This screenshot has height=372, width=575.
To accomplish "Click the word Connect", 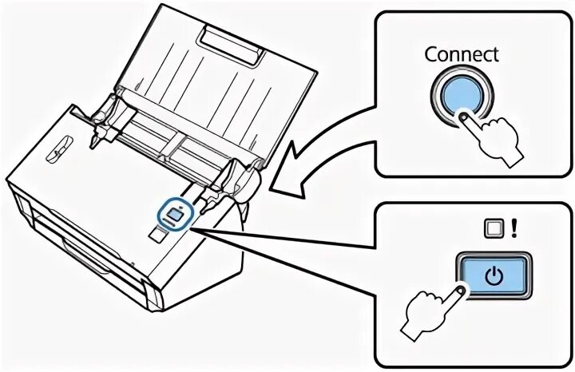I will click(x=461, y=54).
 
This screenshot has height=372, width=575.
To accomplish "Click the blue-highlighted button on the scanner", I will click(x=174, y=212).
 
